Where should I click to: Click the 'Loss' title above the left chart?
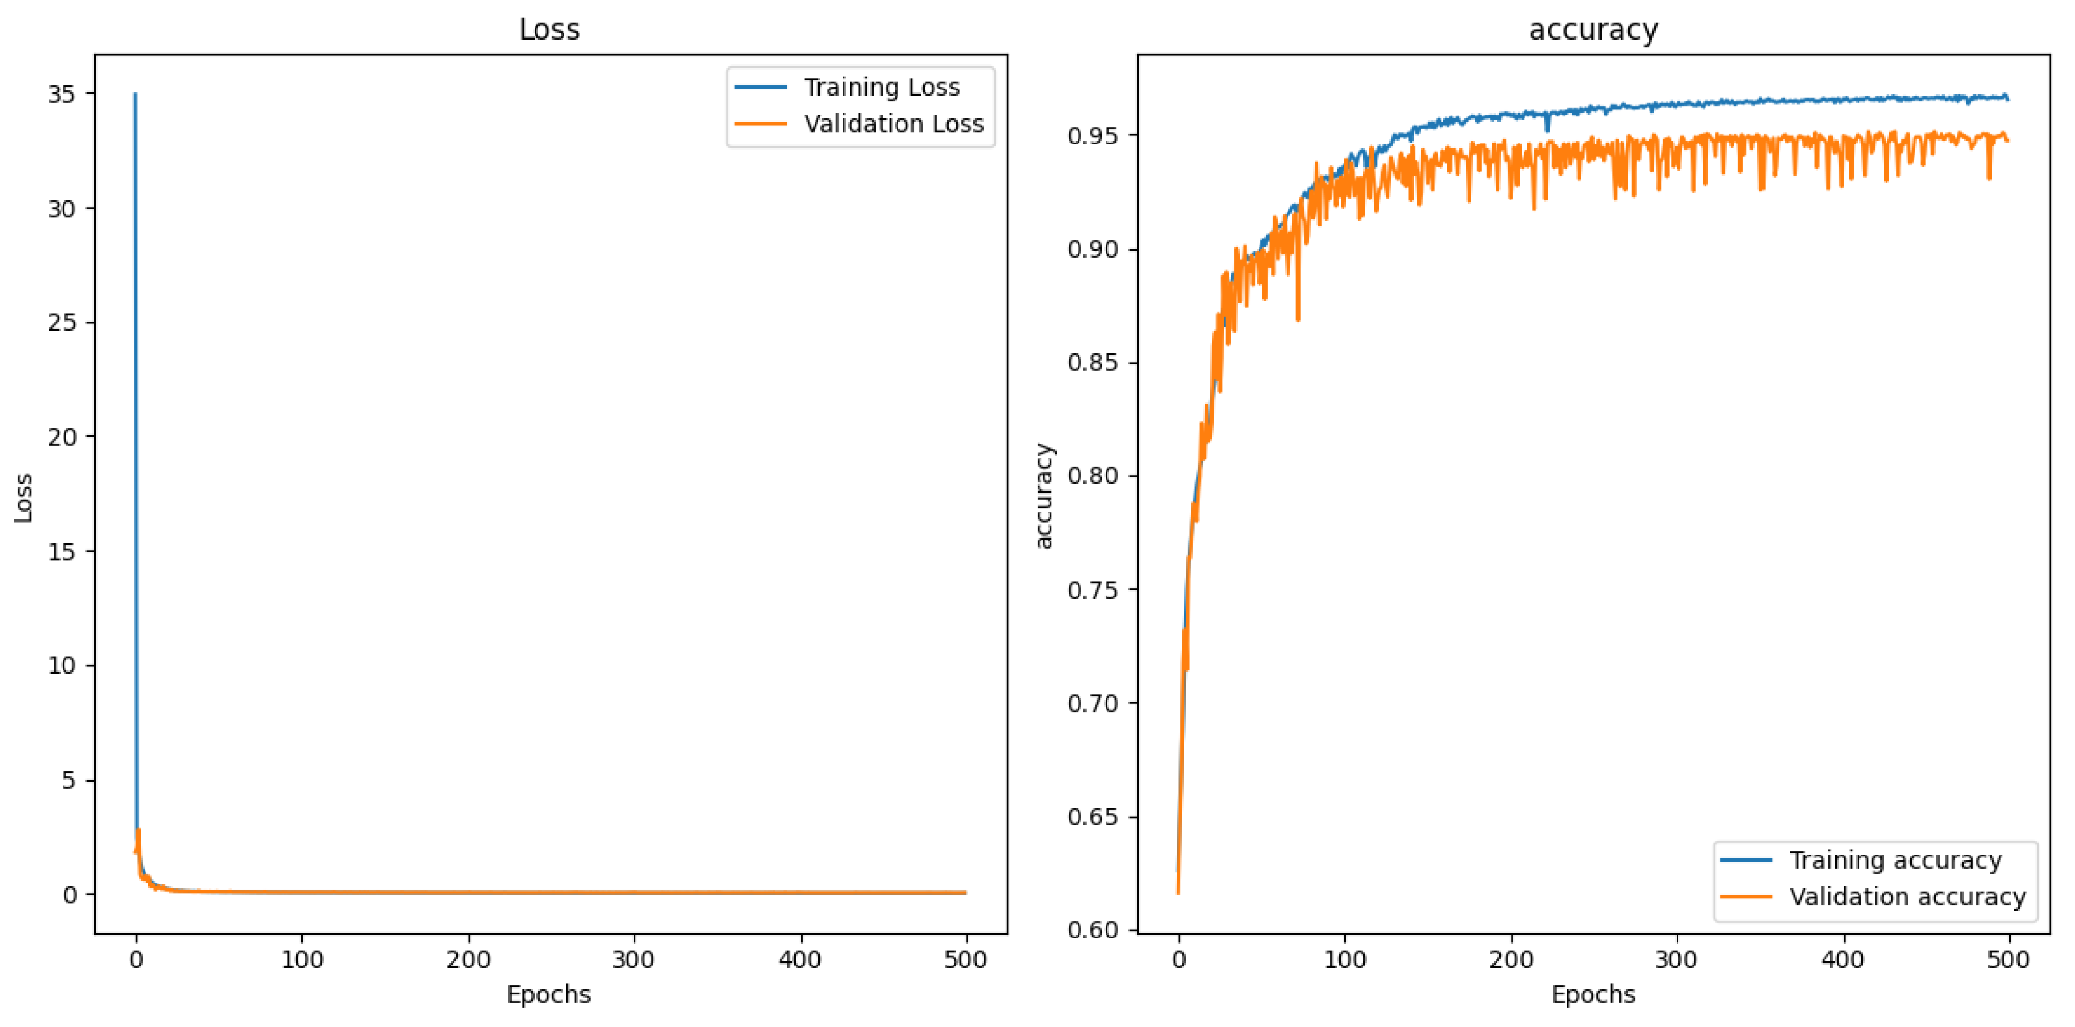pyautogui.click(x=550, y=30)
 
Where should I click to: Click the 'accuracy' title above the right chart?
pyautogui.click(x=1593, y=30)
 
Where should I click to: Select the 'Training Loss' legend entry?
pyautogui.click(x=881, y=87)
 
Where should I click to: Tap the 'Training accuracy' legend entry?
pyautogui.click(x=1895, y=860)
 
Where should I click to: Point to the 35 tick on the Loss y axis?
pyautogui.click(x=61, y=94)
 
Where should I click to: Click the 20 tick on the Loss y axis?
pyautogui.click(x=61, y=437)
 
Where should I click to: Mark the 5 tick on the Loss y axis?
pyautogui.click(x=68, y=780)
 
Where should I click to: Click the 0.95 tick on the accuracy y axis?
pyautogui.click(x=1093, y=135)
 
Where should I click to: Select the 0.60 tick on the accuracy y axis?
pyautogui.click(x=1093, y=929)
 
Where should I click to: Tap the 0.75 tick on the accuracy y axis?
pyautogui.click(x=1093, y=590)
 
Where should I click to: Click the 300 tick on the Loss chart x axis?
pyautogui.click(x=634, y=959)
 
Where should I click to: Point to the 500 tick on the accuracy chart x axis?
pyautogui.click(x=2008, y=959)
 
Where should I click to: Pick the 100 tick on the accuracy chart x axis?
pyautogui.click(x=1344, y=959)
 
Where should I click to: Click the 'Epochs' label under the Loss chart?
pyautogui.click(x=549, y=994)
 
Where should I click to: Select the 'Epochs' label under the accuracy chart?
pyautogui.click(x=1593, y=994)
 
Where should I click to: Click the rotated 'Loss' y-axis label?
pyautogui.click(x=23, y=497)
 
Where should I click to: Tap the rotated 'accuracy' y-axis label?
pyautogui.click(x=1043, y=495)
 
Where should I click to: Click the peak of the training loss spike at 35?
pyautogui.click(x=135, y=94)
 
